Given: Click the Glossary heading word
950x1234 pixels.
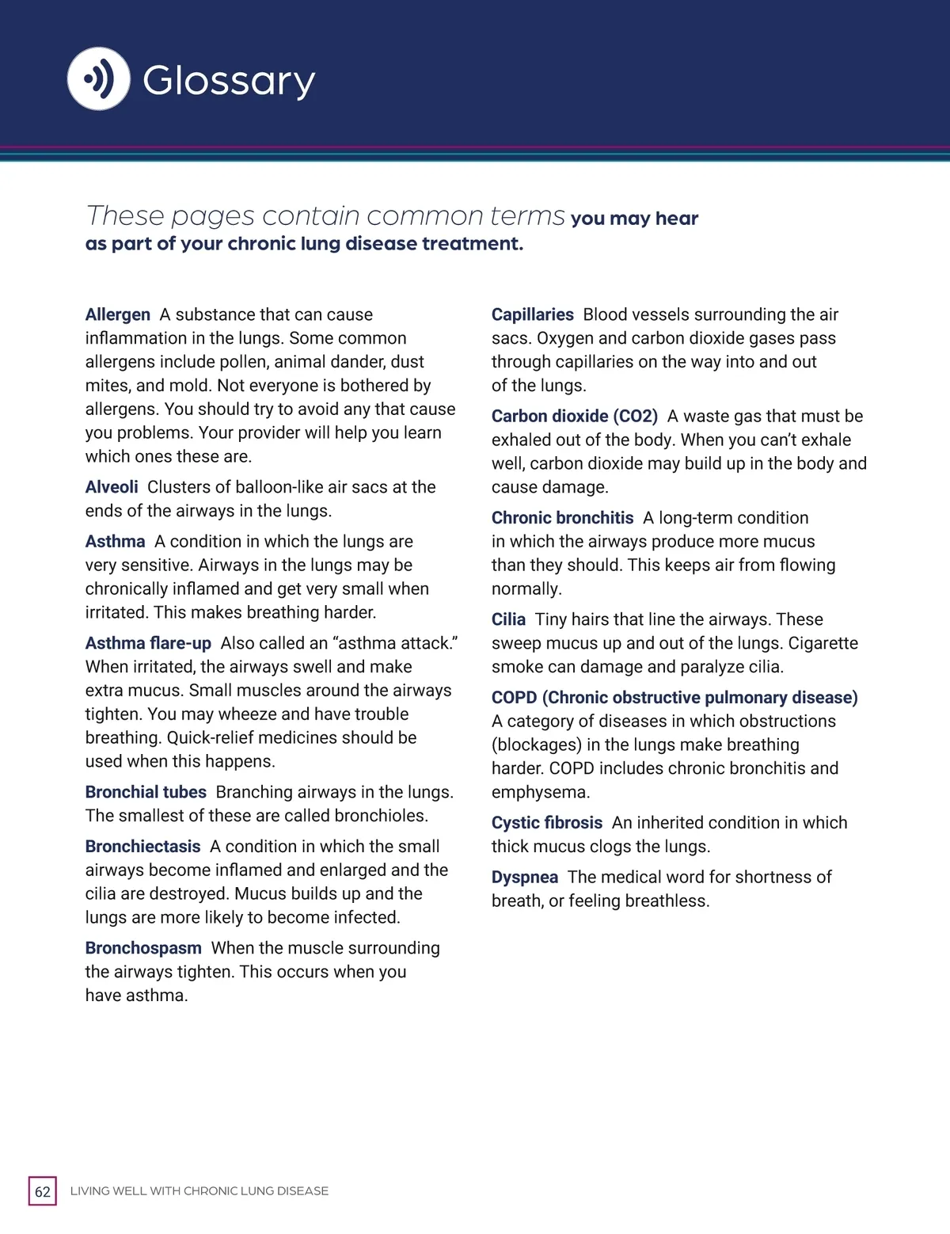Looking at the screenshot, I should (229, 81).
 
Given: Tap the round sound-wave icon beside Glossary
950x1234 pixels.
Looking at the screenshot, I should (99, 78).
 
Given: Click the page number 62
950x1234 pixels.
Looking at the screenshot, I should (43, 1191).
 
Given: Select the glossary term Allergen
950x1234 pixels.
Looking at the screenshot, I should (117, 314).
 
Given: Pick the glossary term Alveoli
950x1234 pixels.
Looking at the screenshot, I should (112, 487).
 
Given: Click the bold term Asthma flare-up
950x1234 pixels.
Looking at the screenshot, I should (148, 643).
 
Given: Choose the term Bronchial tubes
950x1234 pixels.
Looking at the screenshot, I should (146, 792).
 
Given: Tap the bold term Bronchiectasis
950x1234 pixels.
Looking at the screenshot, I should (142, 847).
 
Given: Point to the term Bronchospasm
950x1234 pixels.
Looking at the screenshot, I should (143, 948).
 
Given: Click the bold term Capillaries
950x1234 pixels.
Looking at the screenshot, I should (532, 314).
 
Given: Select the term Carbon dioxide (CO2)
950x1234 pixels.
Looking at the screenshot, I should (574, 417).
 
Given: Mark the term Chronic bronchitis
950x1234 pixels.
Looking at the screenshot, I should (562, 518).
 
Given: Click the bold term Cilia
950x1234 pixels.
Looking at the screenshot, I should (508, 619).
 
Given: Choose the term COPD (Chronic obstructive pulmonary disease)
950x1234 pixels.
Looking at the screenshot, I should (674, 698).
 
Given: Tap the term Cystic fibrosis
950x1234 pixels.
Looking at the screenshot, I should (546, 823).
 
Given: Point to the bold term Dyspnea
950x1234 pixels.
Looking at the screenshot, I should (524, 878).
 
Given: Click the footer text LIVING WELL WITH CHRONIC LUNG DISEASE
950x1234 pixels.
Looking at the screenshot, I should (199, 1191).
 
